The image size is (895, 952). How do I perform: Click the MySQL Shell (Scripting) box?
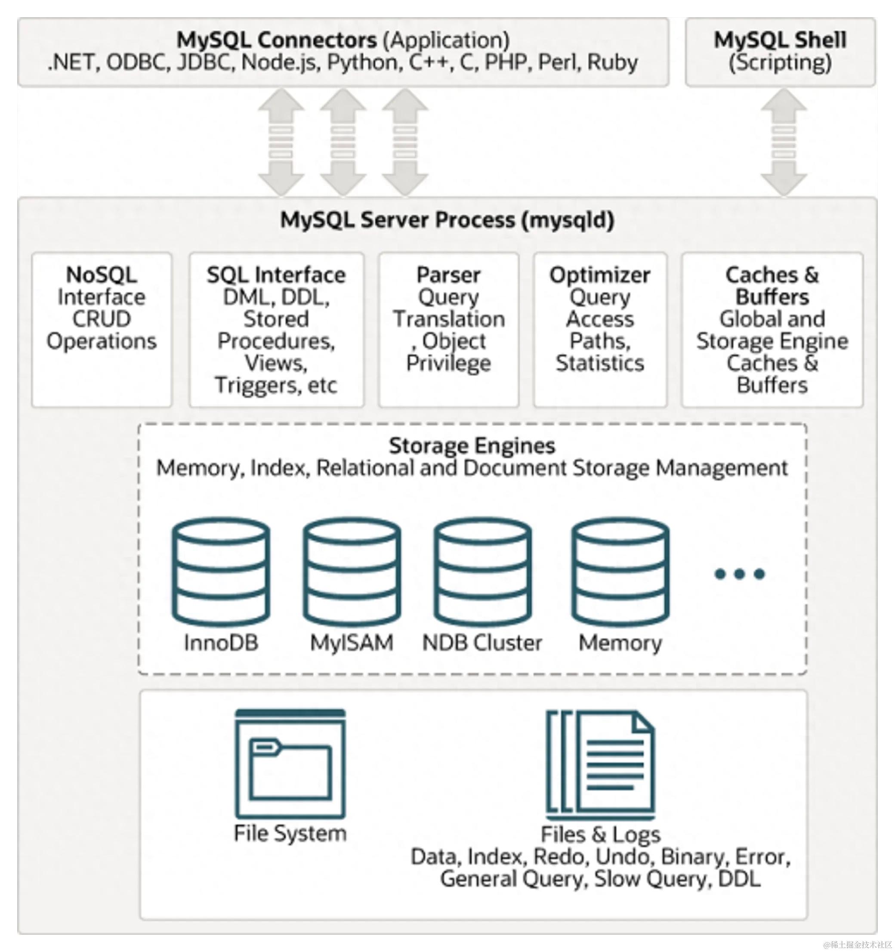coord(780,52)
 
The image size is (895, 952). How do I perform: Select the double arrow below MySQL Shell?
coord(784,142)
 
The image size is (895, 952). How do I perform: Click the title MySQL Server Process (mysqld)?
coord(447,220)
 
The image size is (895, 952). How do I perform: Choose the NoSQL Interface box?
coord(102,330)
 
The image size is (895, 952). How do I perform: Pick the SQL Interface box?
coord(276,330)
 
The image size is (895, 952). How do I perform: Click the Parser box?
coord(449,330)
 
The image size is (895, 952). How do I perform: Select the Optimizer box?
coord(599,330)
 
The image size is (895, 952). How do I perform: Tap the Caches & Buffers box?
coord(772,330)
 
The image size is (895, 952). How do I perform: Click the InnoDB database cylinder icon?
coord(221,573)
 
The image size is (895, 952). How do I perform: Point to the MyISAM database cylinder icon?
coord(352,573)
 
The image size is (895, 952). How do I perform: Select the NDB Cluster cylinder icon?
coord(483,573)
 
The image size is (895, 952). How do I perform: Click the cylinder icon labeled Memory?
coord(620,573)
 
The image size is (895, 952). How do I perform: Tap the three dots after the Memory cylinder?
coord(739,574)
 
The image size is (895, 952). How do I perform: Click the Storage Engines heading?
coord(472,446)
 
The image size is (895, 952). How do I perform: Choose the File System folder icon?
coord(290,764)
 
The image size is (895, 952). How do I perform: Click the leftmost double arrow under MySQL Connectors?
coord(281,142)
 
